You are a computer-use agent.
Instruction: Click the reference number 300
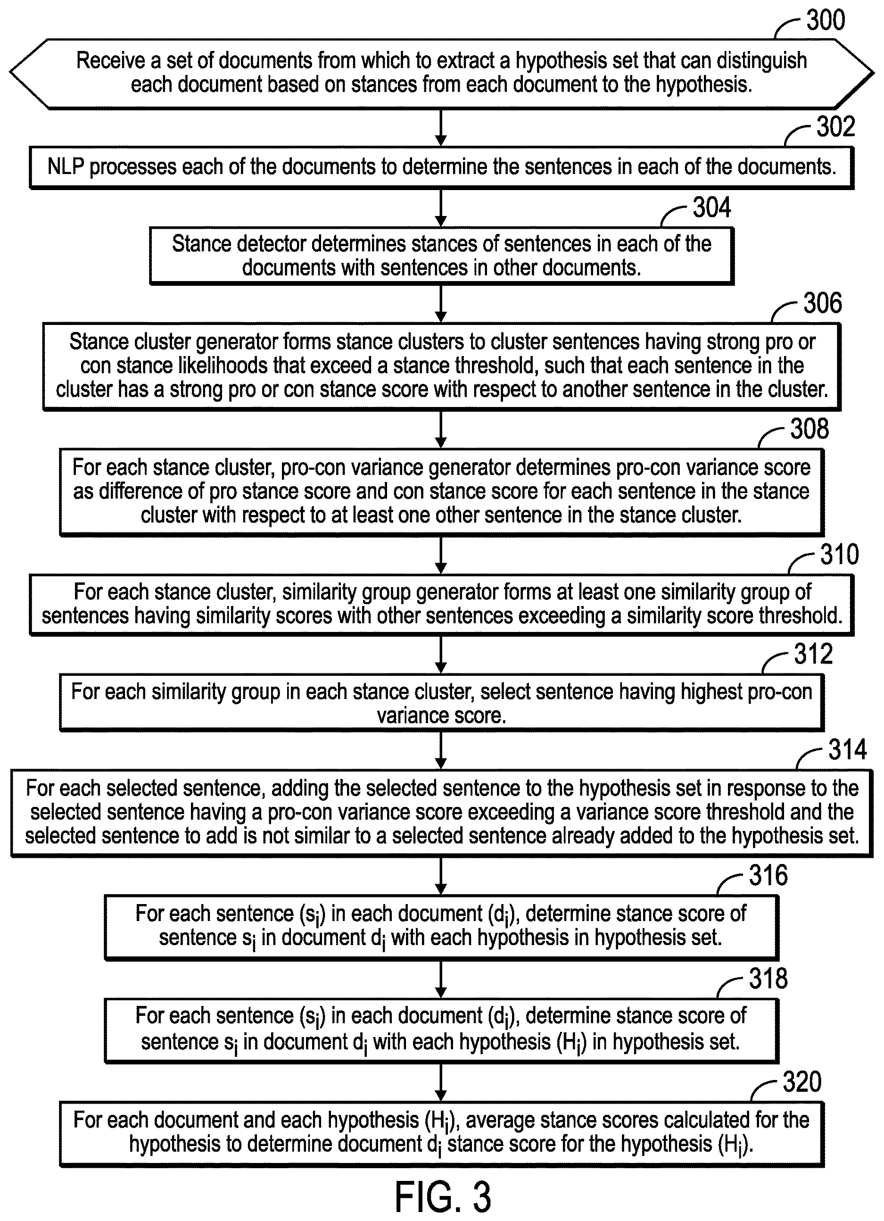tap(826, 20)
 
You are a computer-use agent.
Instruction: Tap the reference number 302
tap(835, 127)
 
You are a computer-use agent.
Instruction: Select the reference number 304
tap(712, 207)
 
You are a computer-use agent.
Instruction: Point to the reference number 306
tap(823, 303)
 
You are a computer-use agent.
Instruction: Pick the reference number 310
tap(839, 554)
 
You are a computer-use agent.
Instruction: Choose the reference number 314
tap(847, 749)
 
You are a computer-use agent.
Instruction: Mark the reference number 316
tap(768, 875)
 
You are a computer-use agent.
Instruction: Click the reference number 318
tap(768, 978)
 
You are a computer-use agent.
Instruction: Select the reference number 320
tap(802, 1082)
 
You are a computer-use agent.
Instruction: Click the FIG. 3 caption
tap(443, 1197)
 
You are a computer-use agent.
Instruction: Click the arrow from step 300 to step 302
tap(441, 128)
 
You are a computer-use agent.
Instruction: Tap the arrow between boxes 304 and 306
tap(441, 304)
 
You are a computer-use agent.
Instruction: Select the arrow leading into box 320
tap(441, 1083)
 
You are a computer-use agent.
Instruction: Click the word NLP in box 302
tap(66, 166)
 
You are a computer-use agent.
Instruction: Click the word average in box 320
tap(499, 1121)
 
